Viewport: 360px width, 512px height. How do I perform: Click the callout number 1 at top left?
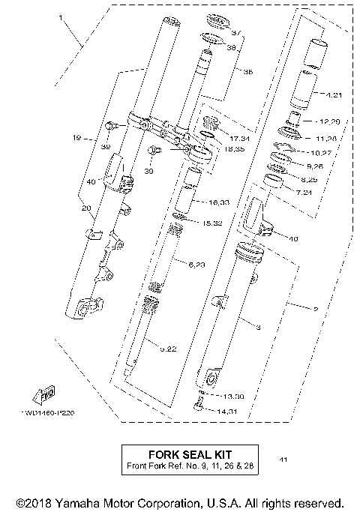[61, 16]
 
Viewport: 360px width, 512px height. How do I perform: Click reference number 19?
[76, 138]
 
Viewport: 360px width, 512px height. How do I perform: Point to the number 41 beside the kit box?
[282, 459]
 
